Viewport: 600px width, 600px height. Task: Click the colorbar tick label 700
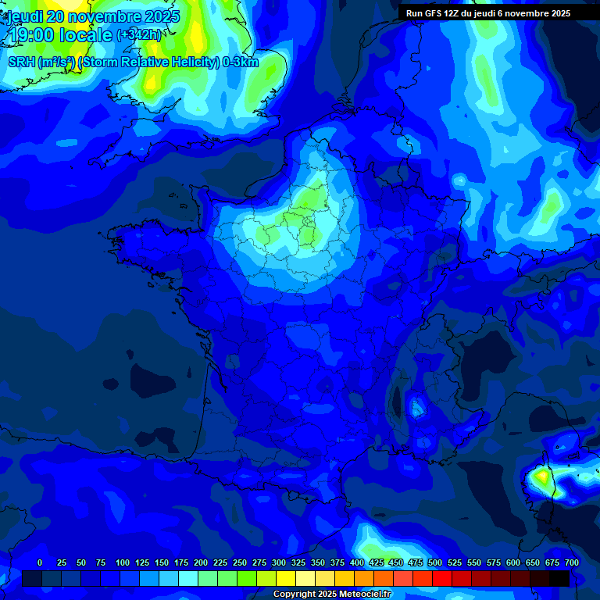click(571, 562)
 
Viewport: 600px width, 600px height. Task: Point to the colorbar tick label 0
click(40, 562)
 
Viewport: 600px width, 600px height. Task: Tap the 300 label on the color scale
click(279, 562)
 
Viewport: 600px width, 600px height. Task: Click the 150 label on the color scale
click(162, 562)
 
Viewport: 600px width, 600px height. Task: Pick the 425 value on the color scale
click(377, 562)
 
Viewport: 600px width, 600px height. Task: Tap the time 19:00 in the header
click(40, 35)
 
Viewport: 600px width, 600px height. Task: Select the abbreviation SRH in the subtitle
click(23, 62)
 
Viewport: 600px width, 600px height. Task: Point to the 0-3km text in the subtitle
click(240, 62)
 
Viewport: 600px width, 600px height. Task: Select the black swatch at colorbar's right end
click(559, 578)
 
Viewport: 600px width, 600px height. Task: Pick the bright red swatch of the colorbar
click(441, 578)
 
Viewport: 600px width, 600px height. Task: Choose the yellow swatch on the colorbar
click(285, 578)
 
